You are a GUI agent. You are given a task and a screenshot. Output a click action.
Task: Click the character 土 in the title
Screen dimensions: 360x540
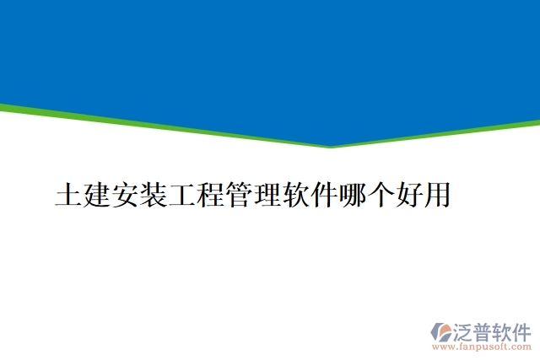click(x=68, y=195)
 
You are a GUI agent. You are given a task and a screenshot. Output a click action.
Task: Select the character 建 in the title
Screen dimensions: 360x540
click(x=97, y=195)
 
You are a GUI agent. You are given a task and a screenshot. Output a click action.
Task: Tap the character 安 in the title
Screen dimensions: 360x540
click(x=125, y=195)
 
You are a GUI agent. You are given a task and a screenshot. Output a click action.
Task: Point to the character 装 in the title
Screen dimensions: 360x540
click(x=154, y=195)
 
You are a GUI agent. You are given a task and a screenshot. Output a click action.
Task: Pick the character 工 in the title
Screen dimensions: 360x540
click(x=181, y=195)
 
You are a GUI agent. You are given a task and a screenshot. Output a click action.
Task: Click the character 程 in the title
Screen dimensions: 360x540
click(x=210, y=195)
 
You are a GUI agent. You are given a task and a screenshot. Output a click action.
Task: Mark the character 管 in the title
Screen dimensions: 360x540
click(x=238, y=195)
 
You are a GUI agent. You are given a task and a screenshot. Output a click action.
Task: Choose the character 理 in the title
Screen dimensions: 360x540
click(x=267, y=195)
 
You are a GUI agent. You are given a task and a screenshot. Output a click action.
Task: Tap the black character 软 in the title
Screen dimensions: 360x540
click(x=294, y=195)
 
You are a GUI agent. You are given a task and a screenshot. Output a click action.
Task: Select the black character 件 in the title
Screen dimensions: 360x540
click(x=323, y=195)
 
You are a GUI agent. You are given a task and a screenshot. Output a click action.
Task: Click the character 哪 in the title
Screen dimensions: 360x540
click(x=351, y=195)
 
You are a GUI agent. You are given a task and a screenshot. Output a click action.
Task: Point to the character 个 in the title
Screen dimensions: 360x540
click(x=380, y=195)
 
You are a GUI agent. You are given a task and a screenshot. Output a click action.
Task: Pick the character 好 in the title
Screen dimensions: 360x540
click(x=408, y=195)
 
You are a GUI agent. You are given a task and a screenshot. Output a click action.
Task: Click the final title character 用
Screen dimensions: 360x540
click(x=436, y=195)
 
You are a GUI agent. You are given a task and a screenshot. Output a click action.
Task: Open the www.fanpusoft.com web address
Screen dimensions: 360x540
click(x=481, y=347)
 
